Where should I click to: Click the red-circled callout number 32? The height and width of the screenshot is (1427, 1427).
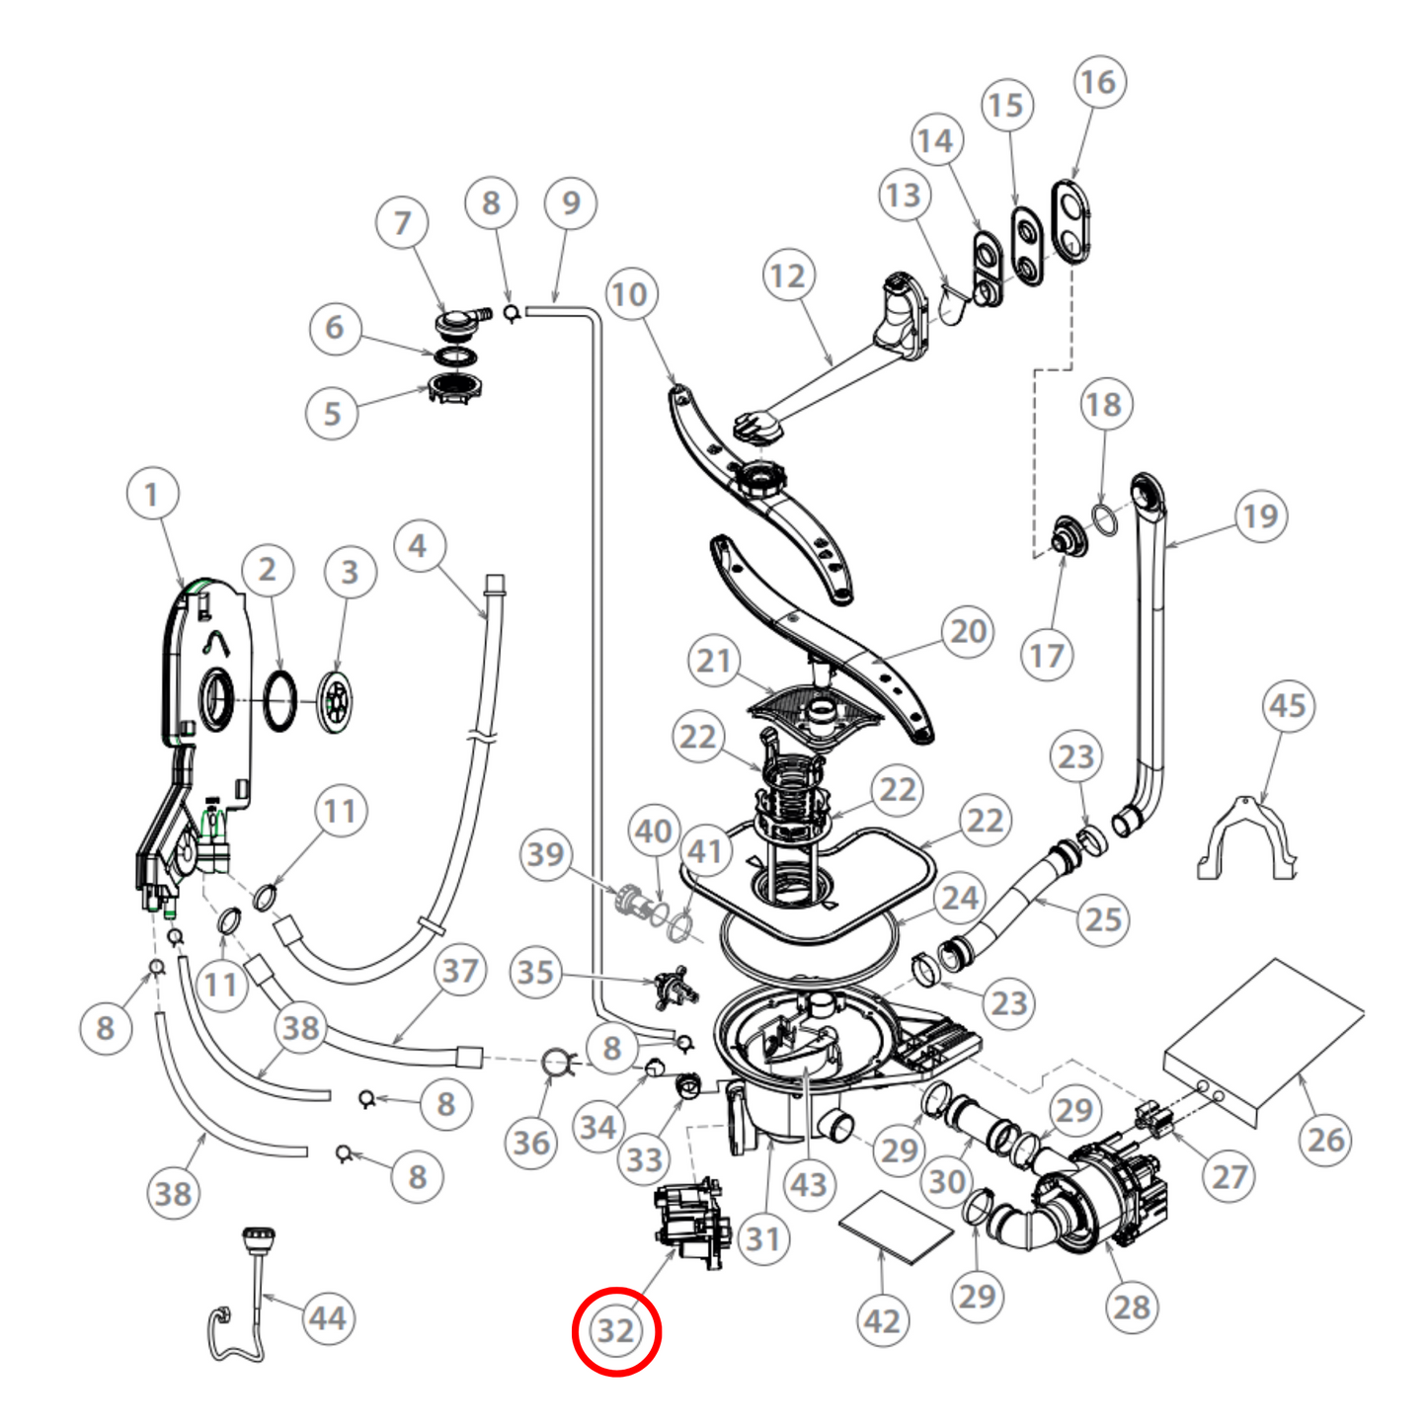[616, 1331]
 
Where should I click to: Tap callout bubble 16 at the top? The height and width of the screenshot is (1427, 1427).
[1098, 83]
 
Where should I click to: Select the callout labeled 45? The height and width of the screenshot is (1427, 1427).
[1288, 706]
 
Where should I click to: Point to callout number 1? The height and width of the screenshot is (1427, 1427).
[152, 495]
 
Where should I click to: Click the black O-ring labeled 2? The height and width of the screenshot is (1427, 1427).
[279, 701]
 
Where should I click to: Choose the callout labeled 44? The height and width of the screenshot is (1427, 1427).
[327, 1318]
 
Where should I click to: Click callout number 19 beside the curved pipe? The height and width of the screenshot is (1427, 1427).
[1260, 515]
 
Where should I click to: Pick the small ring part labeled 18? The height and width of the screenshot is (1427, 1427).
[1105, 518]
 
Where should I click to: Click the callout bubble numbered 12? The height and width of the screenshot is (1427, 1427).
[787, 277]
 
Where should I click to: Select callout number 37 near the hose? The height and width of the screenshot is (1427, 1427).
[460, 971]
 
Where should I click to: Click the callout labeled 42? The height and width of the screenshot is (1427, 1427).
[882, 1321]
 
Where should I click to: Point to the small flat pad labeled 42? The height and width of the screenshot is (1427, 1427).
[895, 1228]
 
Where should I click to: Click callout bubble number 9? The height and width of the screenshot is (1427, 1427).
[570, 203]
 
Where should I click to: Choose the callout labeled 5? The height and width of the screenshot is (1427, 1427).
[332, 413]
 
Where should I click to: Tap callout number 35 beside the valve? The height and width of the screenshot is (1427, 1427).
[535, 972]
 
